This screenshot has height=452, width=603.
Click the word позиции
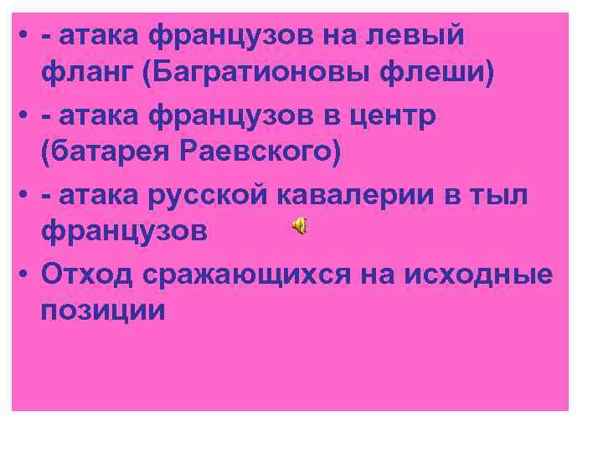pos(101,311)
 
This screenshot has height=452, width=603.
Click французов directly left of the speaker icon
pos(123,233)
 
